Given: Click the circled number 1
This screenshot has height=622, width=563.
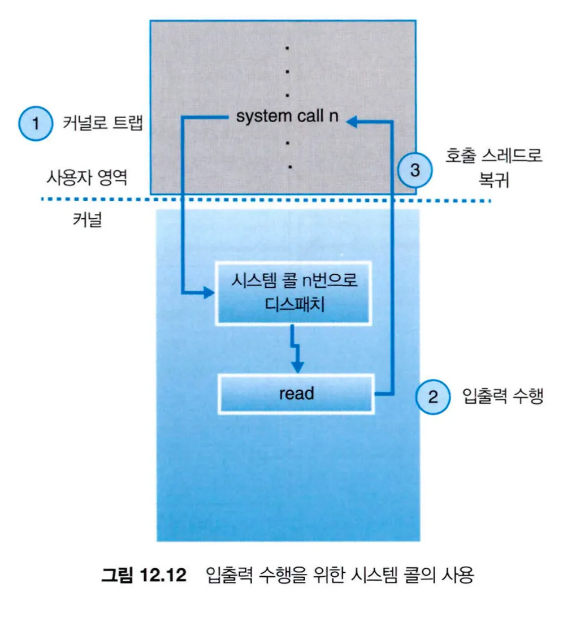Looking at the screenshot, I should click(36, 124).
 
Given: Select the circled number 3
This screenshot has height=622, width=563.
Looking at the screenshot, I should click(415, 170).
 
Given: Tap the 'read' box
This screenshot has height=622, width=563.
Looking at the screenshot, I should click(296, 394).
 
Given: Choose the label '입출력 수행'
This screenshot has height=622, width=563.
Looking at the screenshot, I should click(502, 396).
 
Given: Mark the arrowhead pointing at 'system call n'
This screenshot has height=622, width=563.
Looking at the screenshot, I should click(351, 119).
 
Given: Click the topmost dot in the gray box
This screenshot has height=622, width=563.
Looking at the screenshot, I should click(287, 49).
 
